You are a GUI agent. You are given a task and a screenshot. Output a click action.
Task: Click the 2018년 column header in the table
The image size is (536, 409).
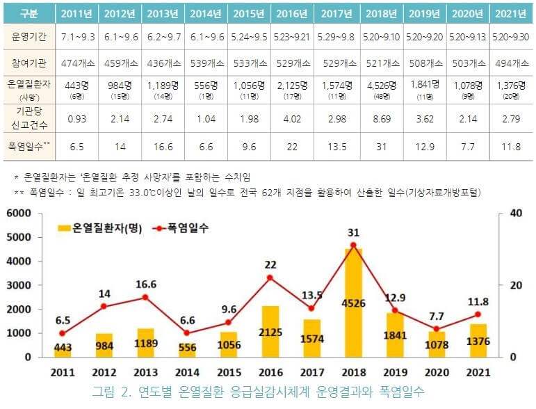(379, 13)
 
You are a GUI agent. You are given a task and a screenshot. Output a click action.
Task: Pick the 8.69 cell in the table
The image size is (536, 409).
(379, 118)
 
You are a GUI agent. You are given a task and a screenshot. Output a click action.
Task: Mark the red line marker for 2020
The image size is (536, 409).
(436, 329)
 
